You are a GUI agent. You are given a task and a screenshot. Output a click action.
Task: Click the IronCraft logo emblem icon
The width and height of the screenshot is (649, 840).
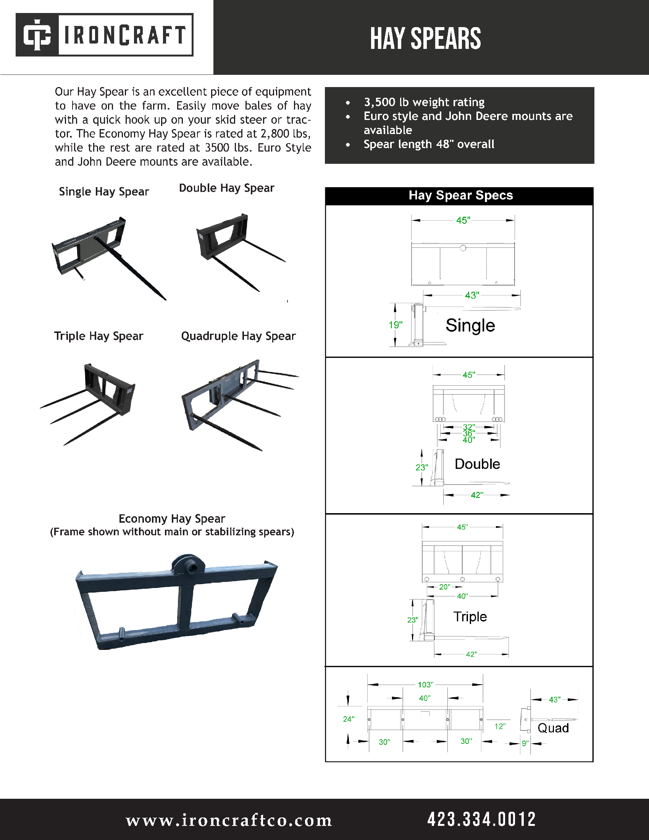tap(37, 35)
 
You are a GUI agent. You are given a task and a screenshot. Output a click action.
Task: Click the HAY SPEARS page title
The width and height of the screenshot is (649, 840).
tap(425, 39)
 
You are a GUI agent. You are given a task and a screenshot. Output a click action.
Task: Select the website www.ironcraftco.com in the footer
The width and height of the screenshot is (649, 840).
tap(229, 820)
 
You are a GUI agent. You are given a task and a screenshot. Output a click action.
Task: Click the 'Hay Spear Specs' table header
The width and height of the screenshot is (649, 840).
tap(460, 195)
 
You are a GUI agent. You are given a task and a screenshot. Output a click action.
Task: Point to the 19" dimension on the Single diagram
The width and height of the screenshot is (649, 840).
tap(395, 325)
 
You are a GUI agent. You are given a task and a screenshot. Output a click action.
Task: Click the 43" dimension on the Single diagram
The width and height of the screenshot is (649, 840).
tap(472, 296)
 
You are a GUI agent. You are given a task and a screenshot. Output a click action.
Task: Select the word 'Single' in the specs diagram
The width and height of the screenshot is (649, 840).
tap(470, 325)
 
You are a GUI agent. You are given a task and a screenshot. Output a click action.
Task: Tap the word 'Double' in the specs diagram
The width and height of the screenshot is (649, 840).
tap(477, 464)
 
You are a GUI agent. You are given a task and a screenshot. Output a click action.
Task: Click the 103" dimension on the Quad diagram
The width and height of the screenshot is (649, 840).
tap(425, 685)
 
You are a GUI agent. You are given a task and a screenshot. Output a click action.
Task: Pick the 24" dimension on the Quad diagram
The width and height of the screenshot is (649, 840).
tap(348, 719)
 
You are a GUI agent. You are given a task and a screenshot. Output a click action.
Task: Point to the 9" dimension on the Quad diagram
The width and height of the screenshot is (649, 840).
tap(525, 743)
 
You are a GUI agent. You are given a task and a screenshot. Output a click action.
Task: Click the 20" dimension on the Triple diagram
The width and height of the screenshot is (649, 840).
tap(444, 587)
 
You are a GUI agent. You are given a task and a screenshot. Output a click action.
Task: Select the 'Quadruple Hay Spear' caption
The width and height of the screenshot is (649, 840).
tap(238, 336)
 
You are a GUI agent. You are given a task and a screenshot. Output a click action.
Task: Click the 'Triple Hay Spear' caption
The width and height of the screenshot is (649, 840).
tap(98, 336)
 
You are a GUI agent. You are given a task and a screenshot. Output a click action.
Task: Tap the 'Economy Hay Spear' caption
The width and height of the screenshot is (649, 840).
tap(172, 519)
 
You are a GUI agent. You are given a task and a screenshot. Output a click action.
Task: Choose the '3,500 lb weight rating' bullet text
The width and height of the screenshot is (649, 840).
tap(424, 102)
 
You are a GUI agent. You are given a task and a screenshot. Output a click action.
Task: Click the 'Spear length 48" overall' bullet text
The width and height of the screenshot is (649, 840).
tap(429, 144)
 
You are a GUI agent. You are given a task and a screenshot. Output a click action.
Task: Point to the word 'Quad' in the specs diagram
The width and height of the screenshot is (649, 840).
tap(553, 728)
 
